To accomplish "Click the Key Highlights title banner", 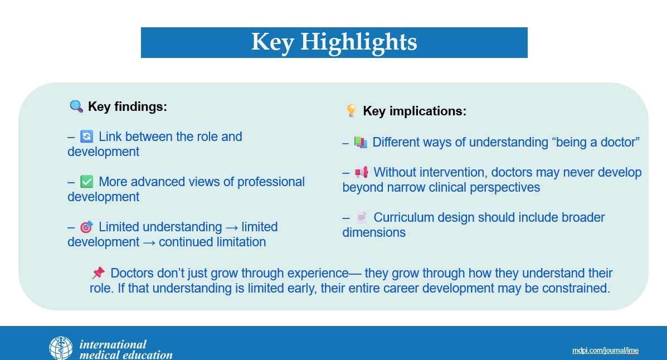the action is pyautogui.click(x=334, y=42).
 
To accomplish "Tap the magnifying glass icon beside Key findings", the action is pyautogui.click(x=76, y=106).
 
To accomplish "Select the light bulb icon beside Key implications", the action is pyautogui.click(x=352, y=111).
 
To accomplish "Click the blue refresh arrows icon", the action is pyautogui.click(x=86, y=137).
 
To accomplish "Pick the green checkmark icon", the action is pyautogui.click(x=86, y=182).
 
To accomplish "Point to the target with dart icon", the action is pyautogui.click(x=86, y=227).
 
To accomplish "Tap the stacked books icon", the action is pyautogui.click(x=361, y=142).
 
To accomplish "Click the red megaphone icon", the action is pyautogui.click(x=362, y=172).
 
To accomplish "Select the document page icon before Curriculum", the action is pyautogui.click(x=362, y=217).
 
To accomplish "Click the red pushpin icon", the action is pyautogui.click(x=98, y=273).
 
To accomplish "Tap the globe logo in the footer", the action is pyautogui.click(x=61, y=348).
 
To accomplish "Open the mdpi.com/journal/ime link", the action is pyautogui.click(x=605, y=351).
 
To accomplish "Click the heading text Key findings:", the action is pyautogui.click(x=127, y=106).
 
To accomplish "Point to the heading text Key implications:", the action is pyautogui.click(x=415, y=111).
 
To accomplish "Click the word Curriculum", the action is pyautogui.click(x=403, y=217).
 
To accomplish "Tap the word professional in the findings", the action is pyautogui.click(x=271, y=182).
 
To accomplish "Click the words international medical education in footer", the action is pyautogui.click(x=126, y=349).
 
